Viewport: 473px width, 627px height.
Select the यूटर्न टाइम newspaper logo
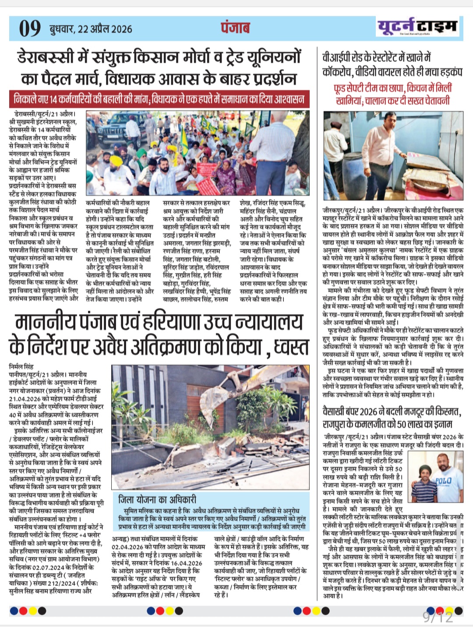click(417, 27)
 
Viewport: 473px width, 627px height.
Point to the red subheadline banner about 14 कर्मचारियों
click(159, 99)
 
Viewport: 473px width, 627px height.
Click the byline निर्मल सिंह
click(21, 366)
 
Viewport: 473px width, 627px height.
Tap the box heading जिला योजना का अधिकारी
click(157, 499)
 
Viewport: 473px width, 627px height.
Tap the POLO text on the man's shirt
click(443, 481)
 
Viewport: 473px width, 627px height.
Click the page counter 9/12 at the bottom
click(438, 617)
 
